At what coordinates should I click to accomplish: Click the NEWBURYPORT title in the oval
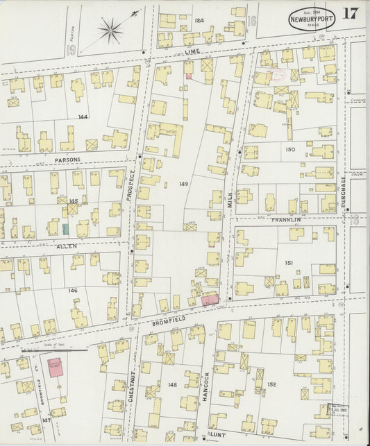click(312, 19)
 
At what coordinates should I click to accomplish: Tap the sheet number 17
click(350, 14)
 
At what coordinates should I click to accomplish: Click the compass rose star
click(110, 29)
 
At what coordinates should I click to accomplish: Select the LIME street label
click(192, 52)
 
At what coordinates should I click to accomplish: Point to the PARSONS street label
click(67, 160)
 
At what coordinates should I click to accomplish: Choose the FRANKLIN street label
click(285, 220)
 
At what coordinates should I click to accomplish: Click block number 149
click(183, 184)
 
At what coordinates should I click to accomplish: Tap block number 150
click(289, 149)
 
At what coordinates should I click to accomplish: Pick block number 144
click(83, 117)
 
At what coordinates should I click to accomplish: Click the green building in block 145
click(65, 228)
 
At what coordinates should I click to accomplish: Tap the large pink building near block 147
click(56, 368)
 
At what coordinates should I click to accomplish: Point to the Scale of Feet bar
click(54, 350)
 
